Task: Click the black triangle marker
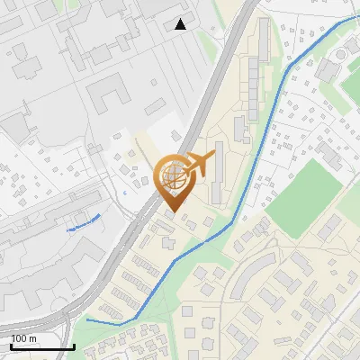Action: [181, 24]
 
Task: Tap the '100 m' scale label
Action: [23, 339]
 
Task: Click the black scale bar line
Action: [42, 347]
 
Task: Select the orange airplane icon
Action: [200, 165]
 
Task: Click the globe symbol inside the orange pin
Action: [170, 176]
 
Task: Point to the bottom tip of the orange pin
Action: [171, 212]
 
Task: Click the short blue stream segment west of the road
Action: [83, 223]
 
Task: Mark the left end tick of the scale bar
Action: [12, 346]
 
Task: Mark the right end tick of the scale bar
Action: [74, 346]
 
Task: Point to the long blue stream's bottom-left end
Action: [88, 319]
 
